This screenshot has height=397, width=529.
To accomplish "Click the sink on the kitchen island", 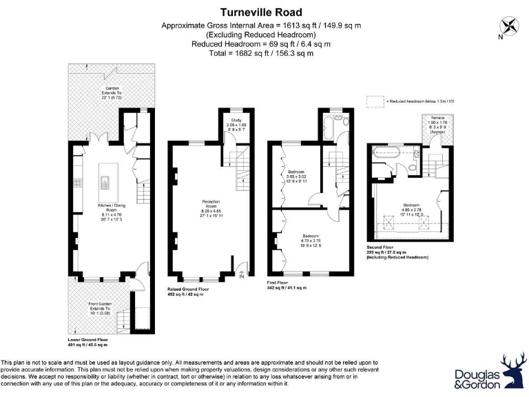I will [104, 182].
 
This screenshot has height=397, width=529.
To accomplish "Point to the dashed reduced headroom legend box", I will [375, 101].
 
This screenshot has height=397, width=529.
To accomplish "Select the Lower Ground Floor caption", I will [88, 340].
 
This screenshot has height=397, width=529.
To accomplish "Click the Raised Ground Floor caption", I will [190, 291].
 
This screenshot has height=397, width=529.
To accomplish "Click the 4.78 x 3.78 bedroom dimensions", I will [311, 241].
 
